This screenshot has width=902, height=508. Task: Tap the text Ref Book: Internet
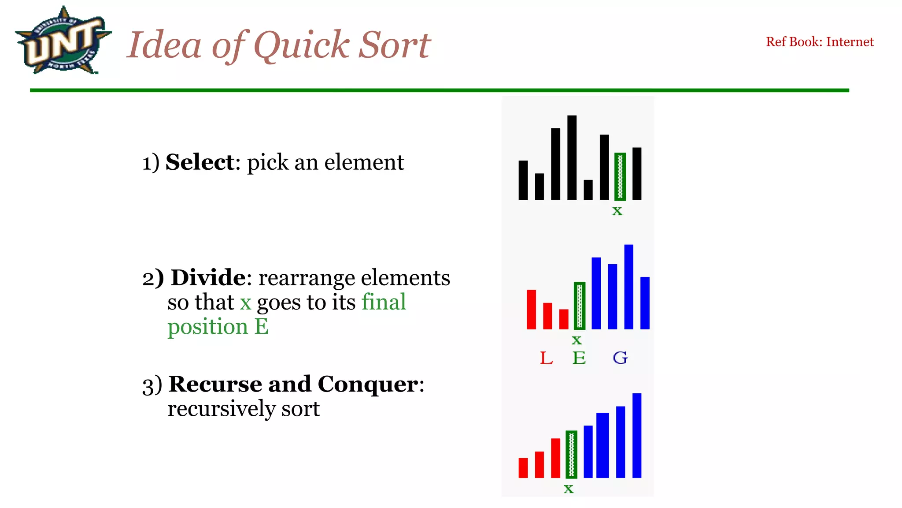[x=819, y=42]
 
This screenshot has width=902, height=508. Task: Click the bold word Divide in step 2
[x=208, y=278]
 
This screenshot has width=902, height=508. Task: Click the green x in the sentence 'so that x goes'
[x=245, y=303]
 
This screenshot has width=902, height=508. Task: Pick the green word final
[x=384, y=303]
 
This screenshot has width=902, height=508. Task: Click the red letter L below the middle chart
[x=546, y=358]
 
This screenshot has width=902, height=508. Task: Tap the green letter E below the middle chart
[x=579, y=358]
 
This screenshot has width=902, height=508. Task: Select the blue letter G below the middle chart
[x=620, y=358]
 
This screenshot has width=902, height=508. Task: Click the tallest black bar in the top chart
[x=572, y=157]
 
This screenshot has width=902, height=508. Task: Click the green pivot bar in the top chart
[x=620, y=176]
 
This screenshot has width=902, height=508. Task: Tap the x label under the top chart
[x=617, y=211]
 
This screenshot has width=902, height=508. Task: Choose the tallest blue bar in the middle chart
[x=628, y=287]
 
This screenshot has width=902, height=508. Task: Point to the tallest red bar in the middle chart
[x=531, y=309]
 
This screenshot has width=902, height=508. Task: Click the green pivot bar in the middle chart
[x=580, y=306]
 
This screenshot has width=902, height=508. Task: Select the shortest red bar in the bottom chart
[x=523, y=468]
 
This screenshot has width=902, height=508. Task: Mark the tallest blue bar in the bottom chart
[x=636, y=435]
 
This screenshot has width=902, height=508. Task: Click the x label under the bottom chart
[x=569, y=489]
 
